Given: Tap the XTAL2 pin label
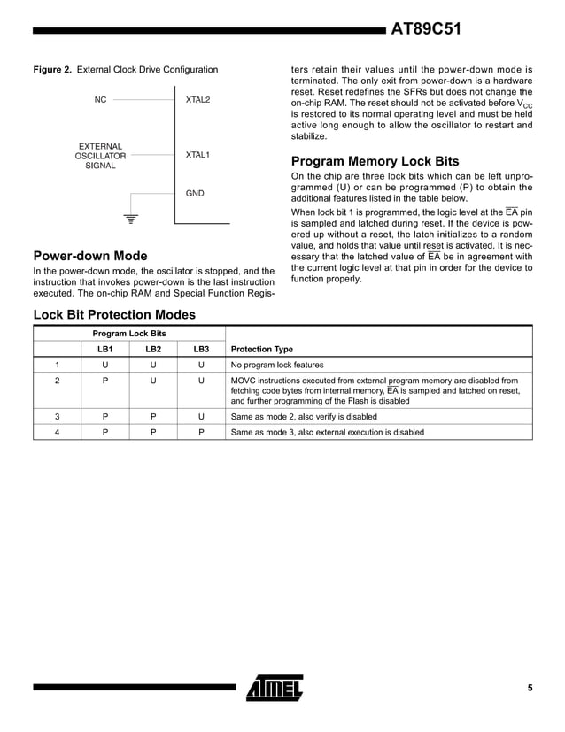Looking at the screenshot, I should pyautogui.click(x=197, y=100).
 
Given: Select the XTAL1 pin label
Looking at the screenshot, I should pyautogui.click(x=197, y=156).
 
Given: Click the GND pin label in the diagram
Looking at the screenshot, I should pyautogui.click(x=195, y=193).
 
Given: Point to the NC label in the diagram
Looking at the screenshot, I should pyautogui.click(x=100, y=100).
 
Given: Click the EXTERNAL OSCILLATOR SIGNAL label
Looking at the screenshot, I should pyautogui.click(x=100, y=156).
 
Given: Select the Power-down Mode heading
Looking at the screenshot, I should pyautogui.click(x=89, y=257).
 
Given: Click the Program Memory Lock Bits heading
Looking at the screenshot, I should pyautogui.click(x=375, y=162).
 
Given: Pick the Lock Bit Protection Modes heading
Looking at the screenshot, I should pyautogui.click(x=113, y=314).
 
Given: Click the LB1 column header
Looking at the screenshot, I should pyautogui.click(x=104, y=349).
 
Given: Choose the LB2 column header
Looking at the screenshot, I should pyautogui.click(x=152, y=349).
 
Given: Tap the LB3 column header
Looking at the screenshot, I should pyautogui.click(x=201, y=349).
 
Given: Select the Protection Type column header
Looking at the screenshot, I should pyautogui.click(x=261, y=349).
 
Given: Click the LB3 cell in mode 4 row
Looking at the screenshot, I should pyautogui.click(x=201, y=433).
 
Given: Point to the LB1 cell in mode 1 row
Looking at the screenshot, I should pyautogui.click(x=104, y=365).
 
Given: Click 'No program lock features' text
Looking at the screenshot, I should pyautogui.click(x=277, y=365).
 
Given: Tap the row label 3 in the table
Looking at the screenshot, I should pyautogui.click(x=57, y=416).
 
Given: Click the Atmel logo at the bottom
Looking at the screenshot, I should pyautogui.click(x=275, y=687).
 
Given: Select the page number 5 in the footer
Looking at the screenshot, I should pyautogui.click(x=530, y=688).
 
